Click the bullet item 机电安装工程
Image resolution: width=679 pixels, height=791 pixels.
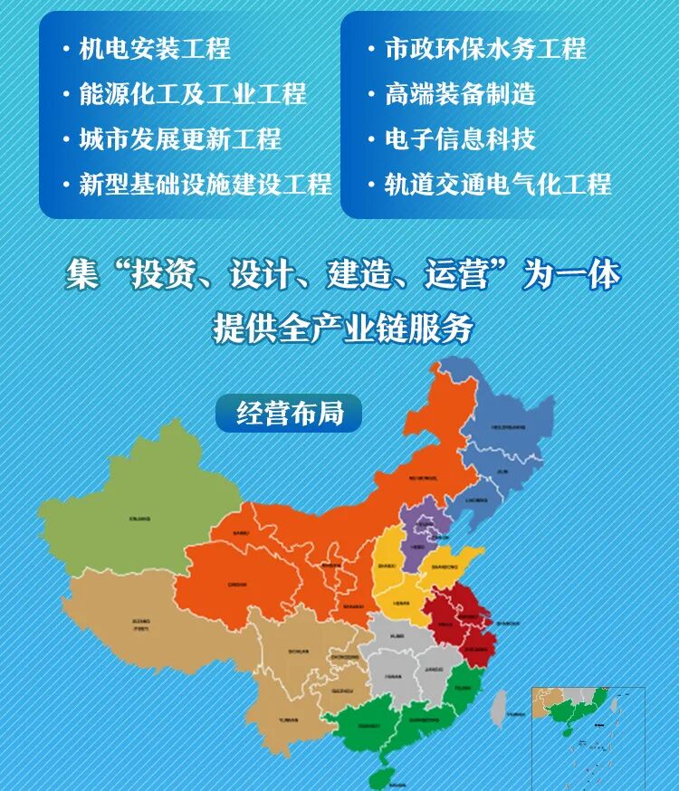tap(154, 48)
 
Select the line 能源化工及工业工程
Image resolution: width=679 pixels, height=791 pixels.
tap(193, 93)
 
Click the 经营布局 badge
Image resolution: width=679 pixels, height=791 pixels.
tap(290, 414)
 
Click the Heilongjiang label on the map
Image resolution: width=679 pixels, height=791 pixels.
tap(508, 424)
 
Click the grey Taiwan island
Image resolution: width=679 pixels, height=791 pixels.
tap(499, 708)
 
